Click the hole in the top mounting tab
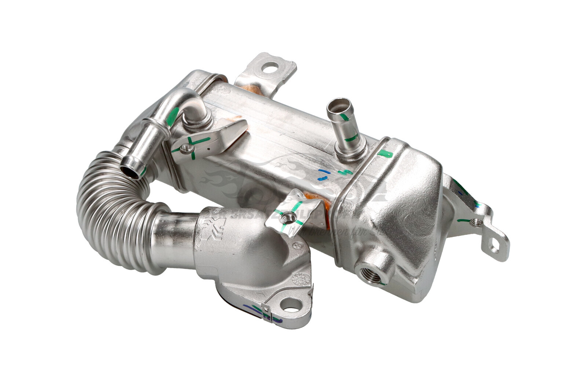pyautogui.click(x=271, y=67)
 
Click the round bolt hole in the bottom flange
pyautogui.click(x=291, y=305)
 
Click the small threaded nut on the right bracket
pyautogui.click(x=477, y=222)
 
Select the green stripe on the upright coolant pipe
pyautogui.click(x=351, y=138)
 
